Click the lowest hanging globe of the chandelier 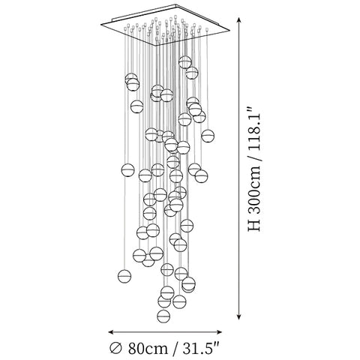tap(163, 316)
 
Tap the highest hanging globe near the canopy tap(185, 62)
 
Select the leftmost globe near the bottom tap(124, 276)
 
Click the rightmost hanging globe tap(208, 136)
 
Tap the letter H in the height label tap(254, 226)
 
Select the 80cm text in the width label tap(148, 348)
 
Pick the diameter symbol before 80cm tap(116, 348)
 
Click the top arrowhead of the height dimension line tap(239, 20)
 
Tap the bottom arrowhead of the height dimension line tap(239, 316)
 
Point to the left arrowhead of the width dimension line tap(112, 332)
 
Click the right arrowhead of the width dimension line tap(219, 332)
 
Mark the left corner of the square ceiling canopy tap(101, 24)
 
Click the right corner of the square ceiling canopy tap(229, 31)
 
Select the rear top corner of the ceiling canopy tap(176, 4)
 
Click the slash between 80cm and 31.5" tap(175, 348)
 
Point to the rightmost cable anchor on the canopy tap(207, 29)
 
